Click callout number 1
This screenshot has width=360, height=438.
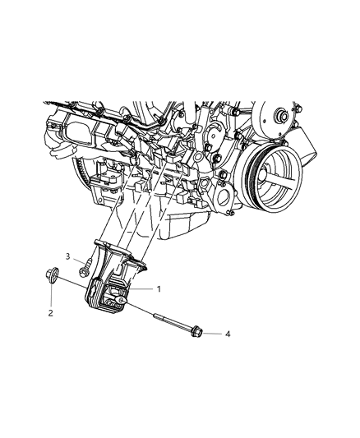coord(159,288)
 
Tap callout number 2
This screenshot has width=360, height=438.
coord(50,313)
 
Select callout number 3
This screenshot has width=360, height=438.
coord(68,256)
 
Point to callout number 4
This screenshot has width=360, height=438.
coord(228,334)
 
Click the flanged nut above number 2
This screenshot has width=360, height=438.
coord(52,274)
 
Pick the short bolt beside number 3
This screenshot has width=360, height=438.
coord(85,268)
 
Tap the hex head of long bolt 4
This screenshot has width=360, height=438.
coord(196,331)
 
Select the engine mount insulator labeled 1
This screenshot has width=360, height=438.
coord(108,295)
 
